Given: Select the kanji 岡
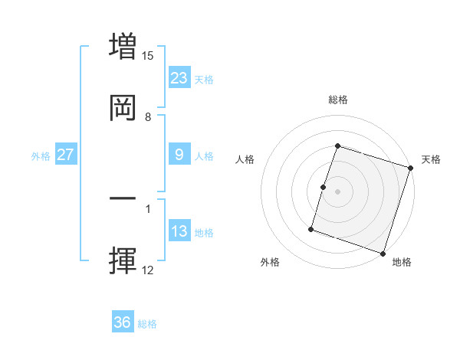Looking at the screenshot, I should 123,109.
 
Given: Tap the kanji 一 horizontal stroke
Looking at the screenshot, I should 123,198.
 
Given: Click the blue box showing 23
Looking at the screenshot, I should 179,78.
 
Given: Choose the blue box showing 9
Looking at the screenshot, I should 179,155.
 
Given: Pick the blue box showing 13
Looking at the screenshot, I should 179,231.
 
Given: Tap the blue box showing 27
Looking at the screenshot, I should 65,155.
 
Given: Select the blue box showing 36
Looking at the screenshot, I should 123,322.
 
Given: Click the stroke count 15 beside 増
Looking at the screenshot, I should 148,56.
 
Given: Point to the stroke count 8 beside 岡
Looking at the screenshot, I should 148,117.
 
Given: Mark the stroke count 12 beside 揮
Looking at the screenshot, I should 148,270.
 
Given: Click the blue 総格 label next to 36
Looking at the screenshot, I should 147,324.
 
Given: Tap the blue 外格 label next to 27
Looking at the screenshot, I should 41,156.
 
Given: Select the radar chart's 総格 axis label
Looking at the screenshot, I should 338,100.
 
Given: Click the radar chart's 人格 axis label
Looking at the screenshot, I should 245,159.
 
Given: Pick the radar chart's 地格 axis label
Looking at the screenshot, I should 402,263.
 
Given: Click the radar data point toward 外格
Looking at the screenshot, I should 311,228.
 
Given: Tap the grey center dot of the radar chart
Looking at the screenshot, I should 338,191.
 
